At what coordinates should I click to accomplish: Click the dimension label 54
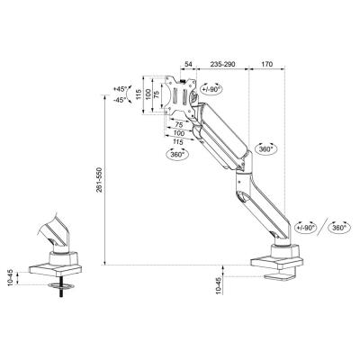tap(187, 66)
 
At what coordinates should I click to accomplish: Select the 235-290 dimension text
tap(224, 66)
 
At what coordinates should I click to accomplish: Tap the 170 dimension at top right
tap(267, 66)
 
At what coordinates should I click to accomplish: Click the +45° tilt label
tap(122, 88)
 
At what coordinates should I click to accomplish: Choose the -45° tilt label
tap(122, 101)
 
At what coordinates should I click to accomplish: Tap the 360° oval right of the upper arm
tap(265, 145)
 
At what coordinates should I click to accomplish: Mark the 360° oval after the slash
tap(338, 229)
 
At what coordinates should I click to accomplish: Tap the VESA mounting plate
tap(174, 96)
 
